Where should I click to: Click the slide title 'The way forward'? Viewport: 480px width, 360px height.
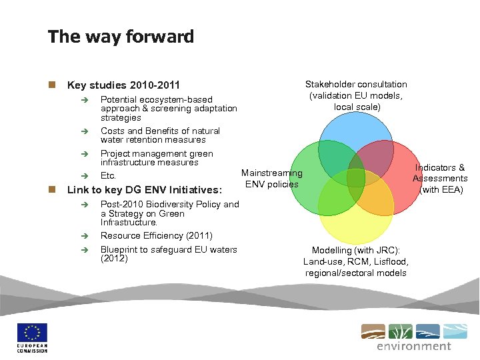(x=121, y=36)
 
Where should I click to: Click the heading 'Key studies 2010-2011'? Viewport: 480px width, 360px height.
(x=124, y=85)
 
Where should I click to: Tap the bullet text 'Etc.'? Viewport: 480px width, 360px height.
(x=108, y=176)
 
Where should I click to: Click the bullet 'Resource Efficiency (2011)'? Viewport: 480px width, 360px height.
(x=156, y=235)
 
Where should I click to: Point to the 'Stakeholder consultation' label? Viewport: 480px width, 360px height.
(x=356, y=84)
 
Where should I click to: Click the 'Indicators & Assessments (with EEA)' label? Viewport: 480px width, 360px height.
(x=440, y=179)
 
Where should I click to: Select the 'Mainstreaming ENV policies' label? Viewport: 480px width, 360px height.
(x=271, y=179)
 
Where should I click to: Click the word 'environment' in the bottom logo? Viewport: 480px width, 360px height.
(x=413, y=346)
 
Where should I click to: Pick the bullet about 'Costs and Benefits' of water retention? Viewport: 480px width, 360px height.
(x=160, y=135)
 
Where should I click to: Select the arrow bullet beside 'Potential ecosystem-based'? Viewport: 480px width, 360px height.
(x=78, y=100)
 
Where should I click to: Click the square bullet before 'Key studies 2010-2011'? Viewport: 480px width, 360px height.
(x=51, y=85)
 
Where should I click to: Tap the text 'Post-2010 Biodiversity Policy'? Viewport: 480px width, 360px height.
(x=169, y=205)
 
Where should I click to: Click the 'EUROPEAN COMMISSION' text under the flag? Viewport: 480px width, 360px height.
(x=32, y=348)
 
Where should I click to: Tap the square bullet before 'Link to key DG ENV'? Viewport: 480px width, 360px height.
(x=51, y=189)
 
